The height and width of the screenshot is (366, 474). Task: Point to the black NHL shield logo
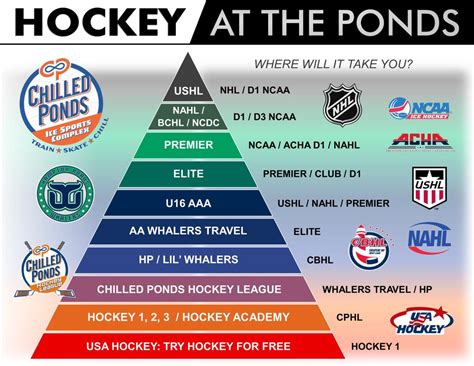[x=340, y=106]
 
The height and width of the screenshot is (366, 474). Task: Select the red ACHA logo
[x=418, y=141]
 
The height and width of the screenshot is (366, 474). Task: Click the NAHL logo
[x=429, y=239]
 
